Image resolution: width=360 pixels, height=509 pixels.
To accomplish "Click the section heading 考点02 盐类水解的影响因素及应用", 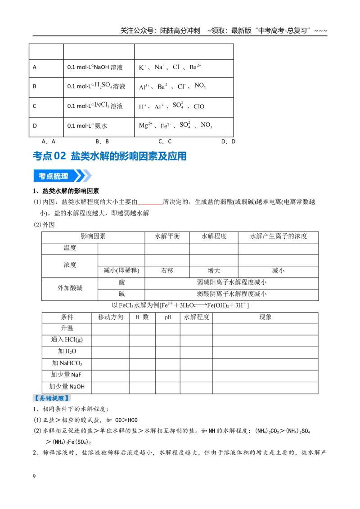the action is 109,156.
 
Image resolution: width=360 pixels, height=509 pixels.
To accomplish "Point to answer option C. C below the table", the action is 165,142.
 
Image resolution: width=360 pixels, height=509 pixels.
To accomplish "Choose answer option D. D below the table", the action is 228,142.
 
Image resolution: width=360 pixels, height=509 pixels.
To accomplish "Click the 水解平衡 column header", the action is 167,237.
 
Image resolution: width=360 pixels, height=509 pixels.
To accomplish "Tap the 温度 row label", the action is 70,248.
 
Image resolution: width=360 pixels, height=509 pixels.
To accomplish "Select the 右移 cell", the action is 167,271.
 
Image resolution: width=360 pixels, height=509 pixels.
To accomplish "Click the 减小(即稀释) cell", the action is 121,271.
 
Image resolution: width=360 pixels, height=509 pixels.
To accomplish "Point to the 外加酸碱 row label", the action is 70,288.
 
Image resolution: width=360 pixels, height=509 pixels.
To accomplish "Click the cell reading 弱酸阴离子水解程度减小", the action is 232,294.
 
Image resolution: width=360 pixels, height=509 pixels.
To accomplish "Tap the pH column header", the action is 168,317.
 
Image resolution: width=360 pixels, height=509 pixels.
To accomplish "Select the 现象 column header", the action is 265,317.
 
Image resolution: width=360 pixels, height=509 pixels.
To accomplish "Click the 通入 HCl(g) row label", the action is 67,340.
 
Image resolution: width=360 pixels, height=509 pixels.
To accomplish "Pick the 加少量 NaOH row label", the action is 67,387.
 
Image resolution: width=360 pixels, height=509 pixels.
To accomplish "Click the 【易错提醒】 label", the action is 52,398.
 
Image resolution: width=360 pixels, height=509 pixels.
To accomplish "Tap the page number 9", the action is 34,476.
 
